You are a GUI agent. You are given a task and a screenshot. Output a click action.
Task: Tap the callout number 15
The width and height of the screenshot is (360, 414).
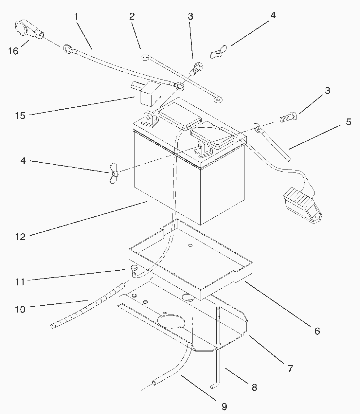point(20,116)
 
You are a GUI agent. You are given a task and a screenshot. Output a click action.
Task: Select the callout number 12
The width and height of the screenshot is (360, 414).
point(20,237)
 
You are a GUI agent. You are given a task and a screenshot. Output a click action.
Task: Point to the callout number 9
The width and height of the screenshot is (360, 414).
point(224,406)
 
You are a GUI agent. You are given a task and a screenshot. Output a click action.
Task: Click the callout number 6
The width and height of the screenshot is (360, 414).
point(317,331)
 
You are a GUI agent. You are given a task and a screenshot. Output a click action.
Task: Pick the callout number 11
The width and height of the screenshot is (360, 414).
point(20,282)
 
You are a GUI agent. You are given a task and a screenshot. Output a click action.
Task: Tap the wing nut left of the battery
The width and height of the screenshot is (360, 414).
point(114,172)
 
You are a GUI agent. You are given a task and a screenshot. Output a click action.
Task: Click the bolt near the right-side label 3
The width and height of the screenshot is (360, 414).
point(288,117)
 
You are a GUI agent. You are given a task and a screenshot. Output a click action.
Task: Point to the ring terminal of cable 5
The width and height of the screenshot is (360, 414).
point(257,126)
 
